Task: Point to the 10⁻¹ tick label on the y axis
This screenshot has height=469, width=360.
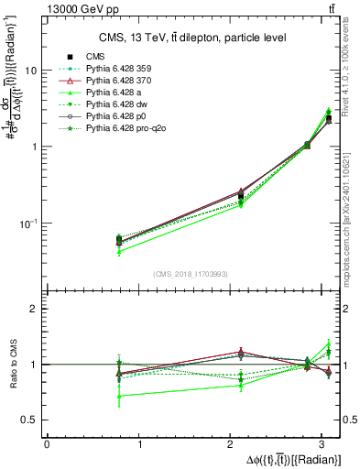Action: pos(29,224)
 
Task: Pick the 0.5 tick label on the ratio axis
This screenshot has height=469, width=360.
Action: pos(31,420)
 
